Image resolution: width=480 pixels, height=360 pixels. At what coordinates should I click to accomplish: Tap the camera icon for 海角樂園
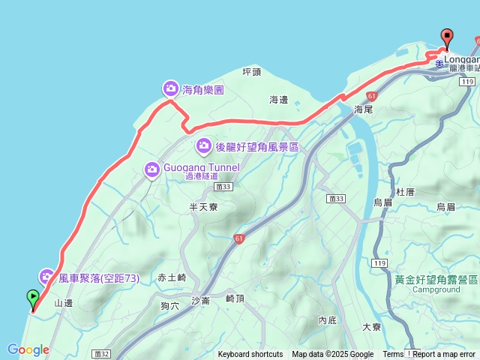click(170, 89)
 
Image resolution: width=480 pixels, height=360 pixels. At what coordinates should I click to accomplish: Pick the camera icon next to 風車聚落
click(47, 277)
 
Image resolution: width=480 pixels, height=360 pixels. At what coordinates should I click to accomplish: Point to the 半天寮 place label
click(203, 206)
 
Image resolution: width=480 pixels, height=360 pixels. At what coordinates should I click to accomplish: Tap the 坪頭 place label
click(252, 72)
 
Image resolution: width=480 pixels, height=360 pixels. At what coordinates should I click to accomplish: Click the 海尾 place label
click(363, 109)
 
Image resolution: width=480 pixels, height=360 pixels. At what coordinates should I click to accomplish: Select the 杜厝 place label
click(405, 192)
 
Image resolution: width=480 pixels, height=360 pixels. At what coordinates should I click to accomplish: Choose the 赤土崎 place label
click(172, 277)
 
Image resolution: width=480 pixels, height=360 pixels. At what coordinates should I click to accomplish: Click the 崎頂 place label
click(235, 298)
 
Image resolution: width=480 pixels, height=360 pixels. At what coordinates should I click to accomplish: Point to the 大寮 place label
click(372, 327)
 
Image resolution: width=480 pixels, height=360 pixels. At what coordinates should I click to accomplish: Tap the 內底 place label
click(327, 319)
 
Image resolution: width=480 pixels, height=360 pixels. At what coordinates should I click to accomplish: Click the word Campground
click(436, 289)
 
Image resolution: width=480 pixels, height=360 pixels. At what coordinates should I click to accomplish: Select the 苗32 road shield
click(103, 353)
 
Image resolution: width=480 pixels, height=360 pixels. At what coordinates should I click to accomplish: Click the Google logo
click(28, 349)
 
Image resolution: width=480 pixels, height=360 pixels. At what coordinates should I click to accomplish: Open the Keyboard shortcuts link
click(250, 355)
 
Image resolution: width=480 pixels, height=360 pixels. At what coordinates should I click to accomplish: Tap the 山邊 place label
click(64, 303)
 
